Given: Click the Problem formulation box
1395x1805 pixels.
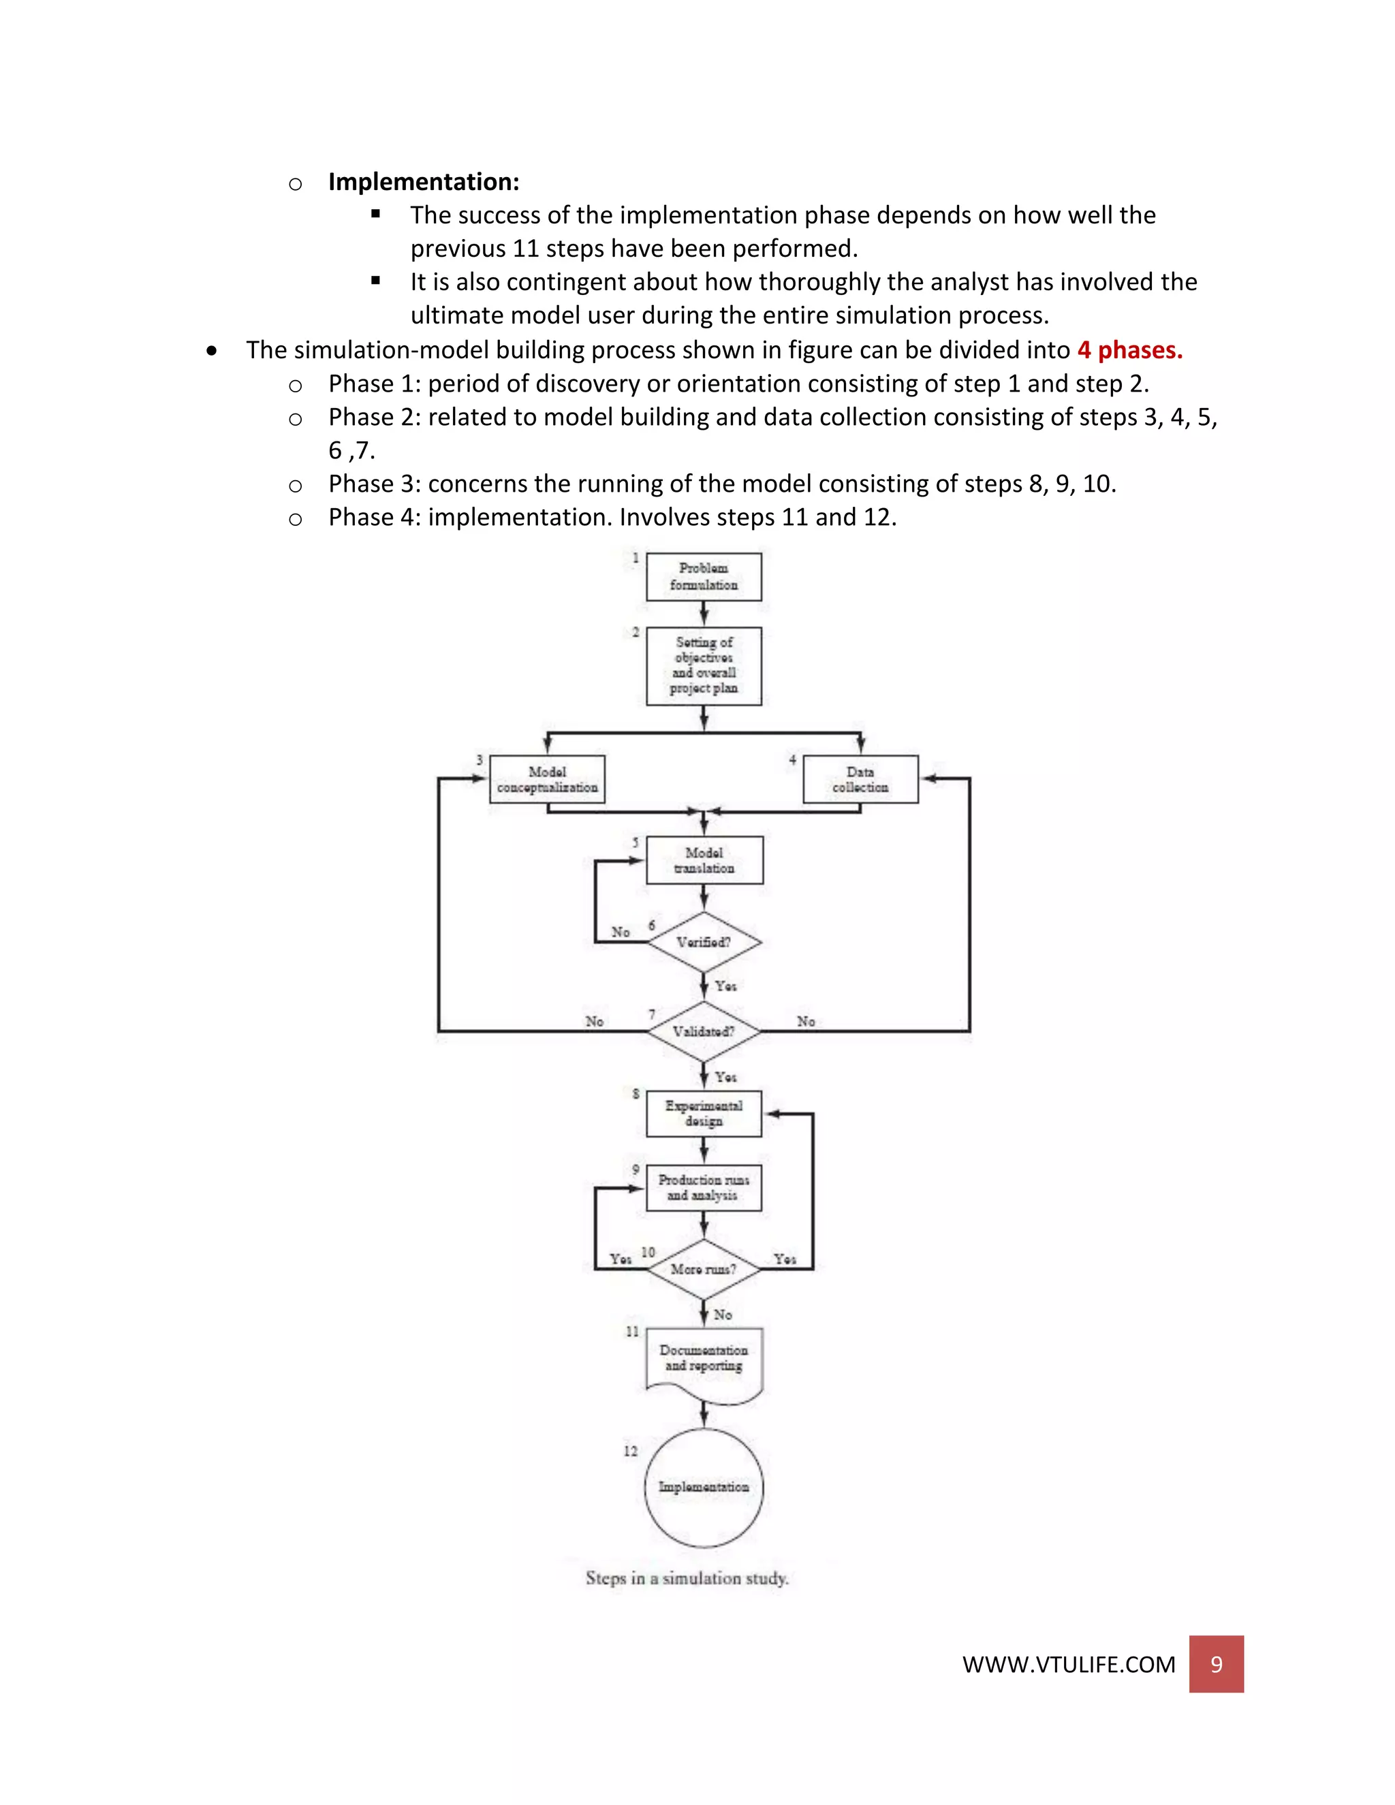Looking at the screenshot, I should click(703, 576).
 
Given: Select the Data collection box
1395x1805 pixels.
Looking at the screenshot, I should click(860, 779).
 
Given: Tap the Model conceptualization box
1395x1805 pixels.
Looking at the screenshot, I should click(547, 779).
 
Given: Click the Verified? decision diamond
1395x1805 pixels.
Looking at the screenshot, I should click(703, 942).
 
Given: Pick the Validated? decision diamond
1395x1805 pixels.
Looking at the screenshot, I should click(703, 1031).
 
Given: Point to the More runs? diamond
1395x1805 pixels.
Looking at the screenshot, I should click(703, 1269).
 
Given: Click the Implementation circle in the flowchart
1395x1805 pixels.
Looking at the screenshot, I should click(703, 1487).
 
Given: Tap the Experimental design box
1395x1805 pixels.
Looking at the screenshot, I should click(703, 1113).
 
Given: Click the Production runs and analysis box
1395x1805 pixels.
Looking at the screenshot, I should click(703, 1188).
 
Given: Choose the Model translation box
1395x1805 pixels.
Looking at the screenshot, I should click(703, 860).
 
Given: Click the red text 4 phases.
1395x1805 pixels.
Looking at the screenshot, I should click(1129, 350).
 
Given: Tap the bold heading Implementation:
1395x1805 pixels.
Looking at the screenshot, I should click(424, 182).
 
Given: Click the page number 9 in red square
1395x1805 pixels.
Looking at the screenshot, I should click(1216, 1664).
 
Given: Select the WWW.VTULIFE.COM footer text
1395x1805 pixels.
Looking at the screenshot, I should click(1069, 1665).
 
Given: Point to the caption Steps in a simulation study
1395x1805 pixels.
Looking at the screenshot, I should click(687, 1578).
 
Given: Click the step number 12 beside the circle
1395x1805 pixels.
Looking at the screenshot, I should click(631, 1451).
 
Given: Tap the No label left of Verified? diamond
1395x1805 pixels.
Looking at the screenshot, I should click(621, 932).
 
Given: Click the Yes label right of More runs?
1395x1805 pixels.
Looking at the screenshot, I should click(785, 1259).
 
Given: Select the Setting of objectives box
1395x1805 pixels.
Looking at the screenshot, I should click(703, 665).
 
